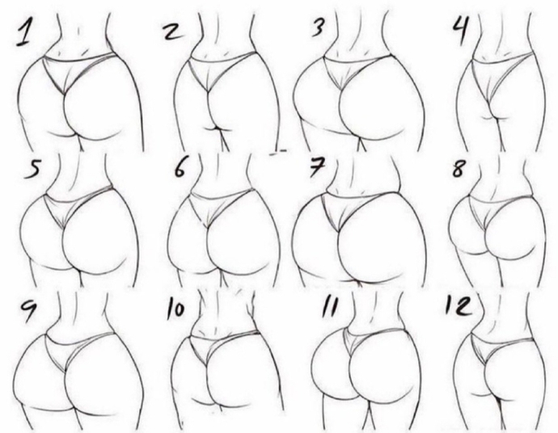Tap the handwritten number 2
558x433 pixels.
click(x=172, y=32)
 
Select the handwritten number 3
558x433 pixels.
click(x=318, y=27)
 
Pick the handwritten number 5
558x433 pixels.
click(x=32, y=169)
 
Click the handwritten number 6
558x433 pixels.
click(x=180, y=167)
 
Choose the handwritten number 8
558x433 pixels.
click(x=458, y=167)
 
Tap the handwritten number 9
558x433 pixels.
click(x=27, y=310)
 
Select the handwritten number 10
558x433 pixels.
click(x=175, y=309)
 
